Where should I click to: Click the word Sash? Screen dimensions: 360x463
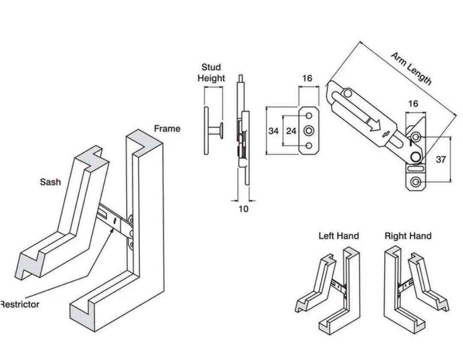click(50, 182)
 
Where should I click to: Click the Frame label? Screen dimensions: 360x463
click(167, 129)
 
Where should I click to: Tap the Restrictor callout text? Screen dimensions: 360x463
click(20, 304)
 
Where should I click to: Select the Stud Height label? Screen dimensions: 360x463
click(211, 73)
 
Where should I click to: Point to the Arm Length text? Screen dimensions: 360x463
click(411, 68)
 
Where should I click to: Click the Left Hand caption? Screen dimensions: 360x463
click(338, 236)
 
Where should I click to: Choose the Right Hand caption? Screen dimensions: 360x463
click(408, 236)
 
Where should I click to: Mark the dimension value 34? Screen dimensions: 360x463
click(274, 131)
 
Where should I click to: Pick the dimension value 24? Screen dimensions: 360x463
click(291, 131)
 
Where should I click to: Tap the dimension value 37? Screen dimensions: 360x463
click(441, 159)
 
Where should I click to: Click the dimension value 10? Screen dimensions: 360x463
click(243, 209)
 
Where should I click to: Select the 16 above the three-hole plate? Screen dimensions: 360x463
click(307, 78)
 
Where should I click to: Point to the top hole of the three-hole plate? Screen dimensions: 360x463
click(309, 116)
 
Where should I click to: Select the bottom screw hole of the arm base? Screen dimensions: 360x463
click(415, 183)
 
